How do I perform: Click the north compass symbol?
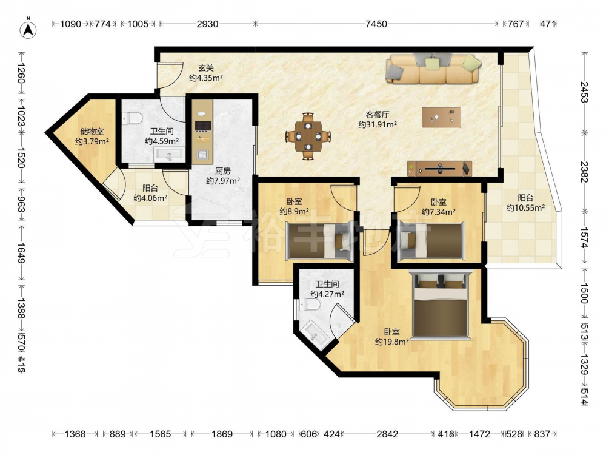pyautogui.click(x=28, y=29)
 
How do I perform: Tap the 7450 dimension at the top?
pyautogui.click(x=376, y=24)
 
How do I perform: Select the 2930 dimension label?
pyautogui.click(x=207, y=24)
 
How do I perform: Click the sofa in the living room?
pyautogui.click(x=434, y=69)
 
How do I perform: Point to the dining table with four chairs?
pyautogui.click(x=308, y=136)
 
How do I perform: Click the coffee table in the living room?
pyautogui.click(x=441, y=117)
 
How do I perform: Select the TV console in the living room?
pyautogui.click(x=440, y=168)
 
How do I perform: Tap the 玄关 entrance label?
pyautogui.click(x=206, y=68)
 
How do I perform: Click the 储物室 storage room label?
pyautogui.click(x=92, y=132)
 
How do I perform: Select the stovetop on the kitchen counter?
pyautogui.click(x=203, y=126)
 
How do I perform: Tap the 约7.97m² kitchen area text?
pyautogui.click(x=223, y=180)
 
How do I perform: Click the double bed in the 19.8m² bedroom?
pyautogui.click(x=441, y=305)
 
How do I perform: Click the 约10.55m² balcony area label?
pyautogui.click(x=525, y=207)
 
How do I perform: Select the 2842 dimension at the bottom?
pyautogui.click(x=387, y=434)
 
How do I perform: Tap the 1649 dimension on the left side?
pyautogui.click(x=21, y=253)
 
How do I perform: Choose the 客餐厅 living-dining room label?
pyautogui.click(x=377, y=115)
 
